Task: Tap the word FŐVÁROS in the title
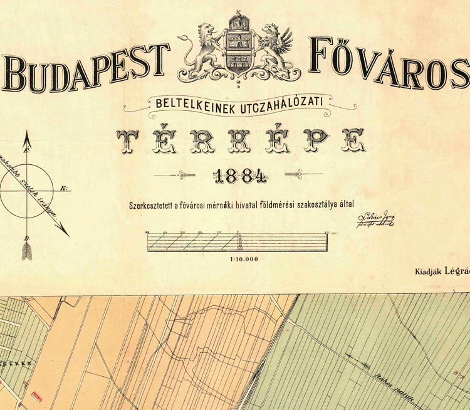[x=389, y=66]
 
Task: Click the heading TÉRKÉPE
[x=241, y=141]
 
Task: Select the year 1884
[x=241, y=176]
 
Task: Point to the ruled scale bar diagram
[x=238, y=241]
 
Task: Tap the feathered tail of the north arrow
[x=27, y=251]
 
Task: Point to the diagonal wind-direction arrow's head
[x=65, y=232]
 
